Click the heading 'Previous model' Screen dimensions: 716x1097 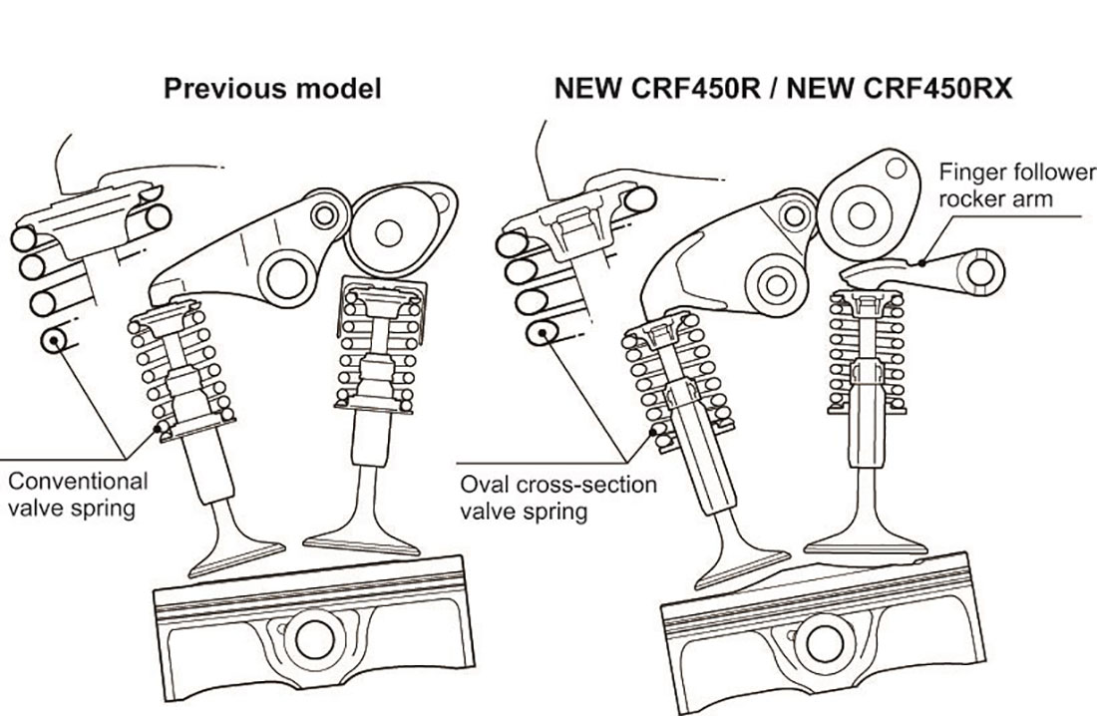(x=272, y=89)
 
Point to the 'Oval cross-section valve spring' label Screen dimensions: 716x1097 (x=558, y=498)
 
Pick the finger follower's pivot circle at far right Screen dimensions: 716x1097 (x=981, y=269)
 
